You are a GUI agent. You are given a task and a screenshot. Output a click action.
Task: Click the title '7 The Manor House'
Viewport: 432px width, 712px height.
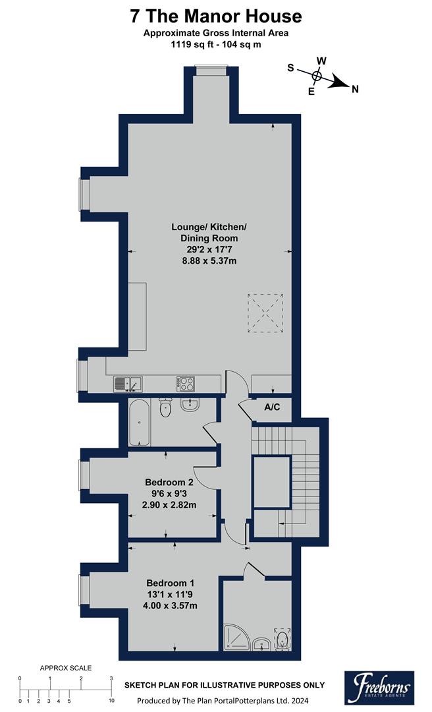[215, 16]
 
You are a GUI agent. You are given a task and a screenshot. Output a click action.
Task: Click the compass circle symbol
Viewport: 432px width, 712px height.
[317, 76]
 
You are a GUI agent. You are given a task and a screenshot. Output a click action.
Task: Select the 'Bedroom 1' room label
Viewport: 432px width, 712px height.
[170, 583]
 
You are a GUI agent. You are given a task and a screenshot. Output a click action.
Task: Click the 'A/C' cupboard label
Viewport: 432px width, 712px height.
[272, 407]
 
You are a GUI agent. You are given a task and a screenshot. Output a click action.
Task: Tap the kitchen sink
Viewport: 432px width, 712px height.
[127, 383]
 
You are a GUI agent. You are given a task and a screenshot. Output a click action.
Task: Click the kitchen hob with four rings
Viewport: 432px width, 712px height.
[185, 383]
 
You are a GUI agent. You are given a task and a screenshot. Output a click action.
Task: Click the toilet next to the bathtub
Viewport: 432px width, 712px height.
[165, 409]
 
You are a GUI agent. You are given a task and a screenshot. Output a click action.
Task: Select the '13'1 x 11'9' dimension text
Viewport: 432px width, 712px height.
[170, 595]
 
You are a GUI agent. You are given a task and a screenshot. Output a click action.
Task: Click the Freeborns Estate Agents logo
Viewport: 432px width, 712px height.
[379, 686]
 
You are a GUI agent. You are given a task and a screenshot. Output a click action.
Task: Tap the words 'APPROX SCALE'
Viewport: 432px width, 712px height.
[66, 668]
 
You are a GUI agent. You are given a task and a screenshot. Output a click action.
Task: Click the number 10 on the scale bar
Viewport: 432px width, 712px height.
[111, 701]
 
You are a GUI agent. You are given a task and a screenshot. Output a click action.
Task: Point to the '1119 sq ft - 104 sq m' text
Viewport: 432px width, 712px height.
[215, 45]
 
